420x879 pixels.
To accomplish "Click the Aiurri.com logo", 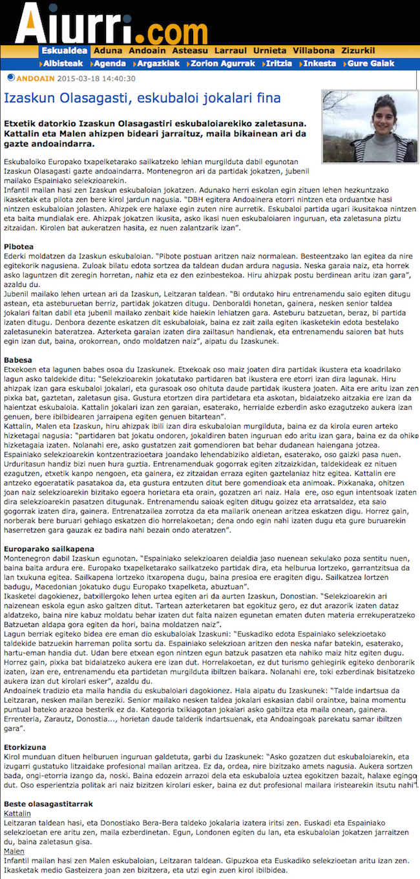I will (x=102, y=25).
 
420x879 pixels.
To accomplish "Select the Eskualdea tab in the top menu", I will (x=65, y=50).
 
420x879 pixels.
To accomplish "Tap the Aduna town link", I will (x=107, y=50).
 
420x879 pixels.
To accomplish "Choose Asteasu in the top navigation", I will (x=190, y=50).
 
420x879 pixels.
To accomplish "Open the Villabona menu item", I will (x=313, y=50).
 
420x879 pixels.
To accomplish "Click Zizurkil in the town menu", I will (x=360, y=50).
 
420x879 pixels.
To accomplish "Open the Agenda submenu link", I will (x=109, y=63).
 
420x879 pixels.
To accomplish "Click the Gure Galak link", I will (x=371, y=63).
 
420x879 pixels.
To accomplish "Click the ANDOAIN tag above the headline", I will (x=36, y=79).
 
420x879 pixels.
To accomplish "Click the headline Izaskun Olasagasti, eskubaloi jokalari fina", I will (x=142, y=98).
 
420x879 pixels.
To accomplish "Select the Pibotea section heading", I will (x=19, y=247).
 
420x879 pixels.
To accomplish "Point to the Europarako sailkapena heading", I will (x=49, y=549).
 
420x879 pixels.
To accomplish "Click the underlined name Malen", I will (x=14, y=851).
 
